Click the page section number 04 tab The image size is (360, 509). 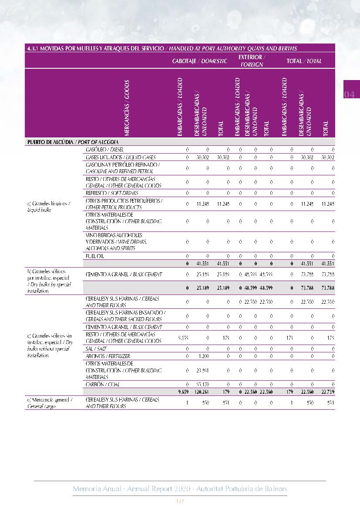coord(350,94)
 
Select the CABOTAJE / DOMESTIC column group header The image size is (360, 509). coord(199,61)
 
